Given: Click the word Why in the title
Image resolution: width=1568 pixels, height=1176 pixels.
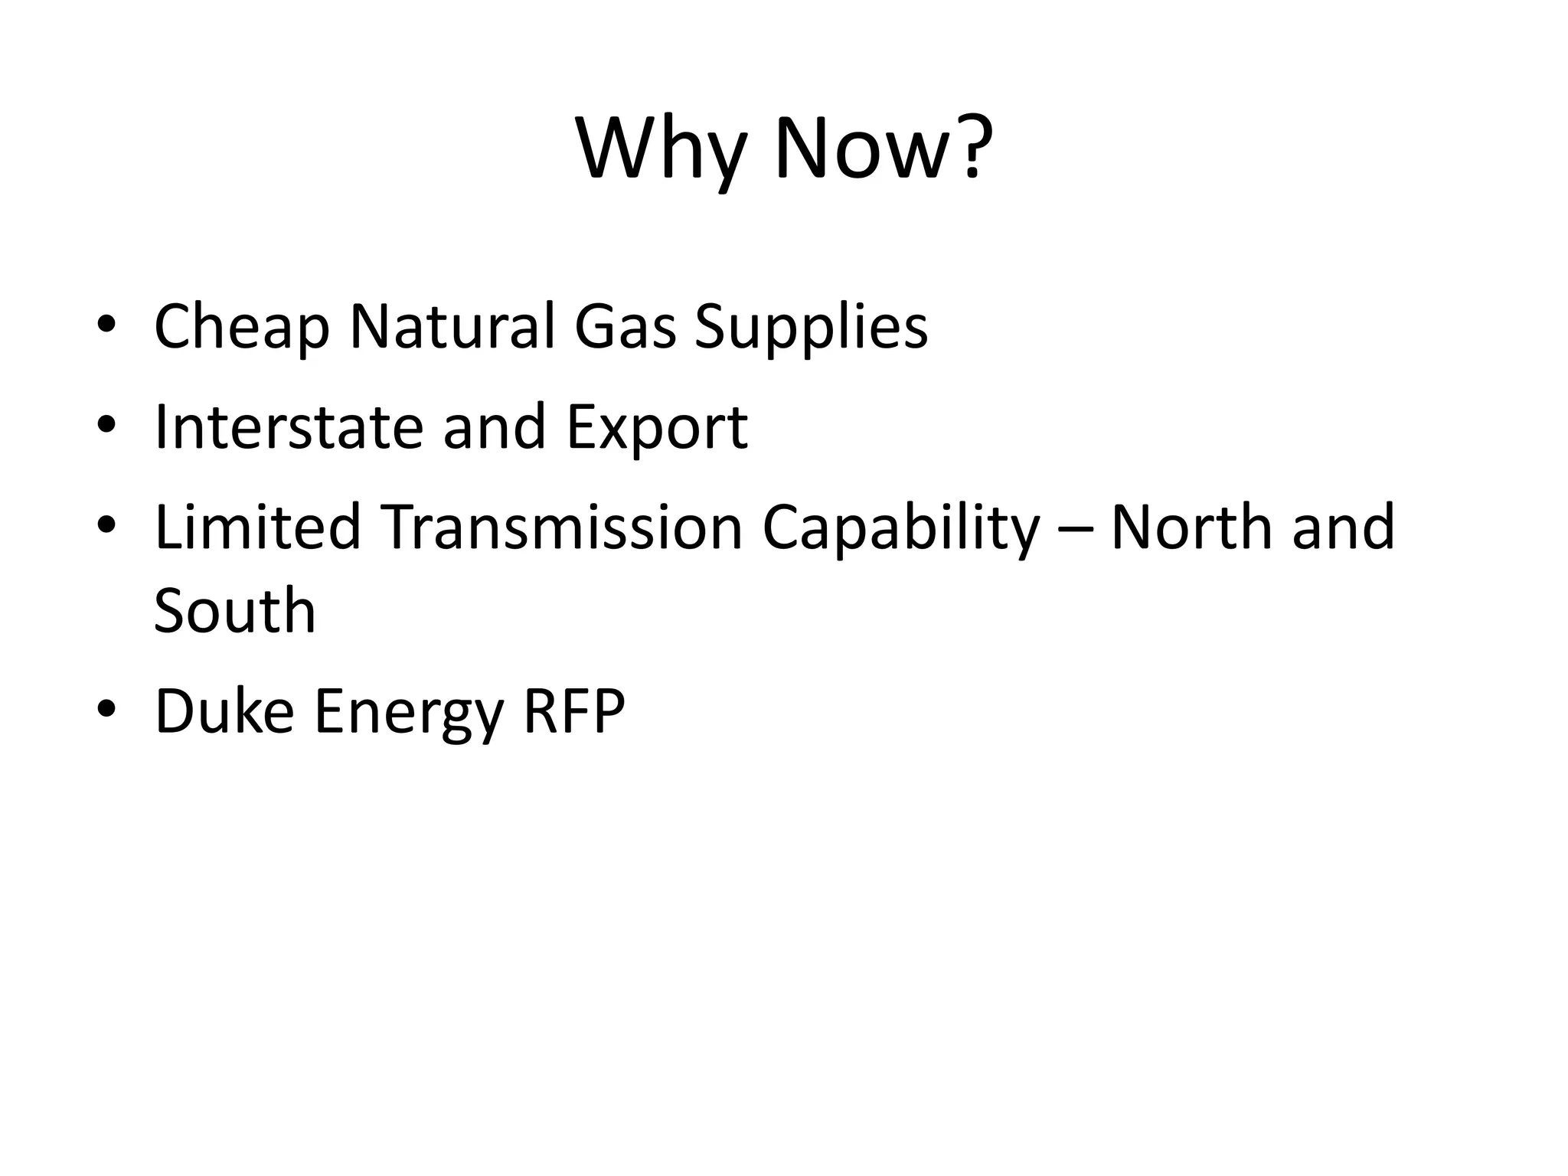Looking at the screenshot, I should click(660, 149).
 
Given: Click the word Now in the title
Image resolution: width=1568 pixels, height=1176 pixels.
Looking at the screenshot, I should click(865, 149).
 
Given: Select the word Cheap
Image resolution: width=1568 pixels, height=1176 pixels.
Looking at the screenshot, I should click(241, 328).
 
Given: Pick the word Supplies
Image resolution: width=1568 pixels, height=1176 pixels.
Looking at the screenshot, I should click(811, 328).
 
